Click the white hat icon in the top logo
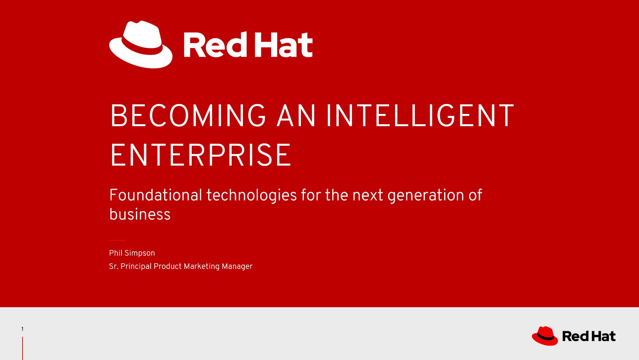141,45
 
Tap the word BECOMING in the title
188,116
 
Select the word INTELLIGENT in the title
420,116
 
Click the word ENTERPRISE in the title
201,155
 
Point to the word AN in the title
296,116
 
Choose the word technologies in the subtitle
252,195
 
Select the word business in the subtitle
140,214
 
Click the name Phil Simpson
132,253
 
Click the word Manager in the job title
237,267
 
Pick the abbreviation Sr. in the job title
114,266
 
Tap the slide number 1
22,329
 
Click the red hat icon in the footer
545,336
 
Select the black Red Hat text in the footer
589,336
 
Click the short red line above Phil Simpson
118,240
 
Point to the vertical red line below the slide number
23,348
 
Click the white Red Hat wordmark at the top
248,45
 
